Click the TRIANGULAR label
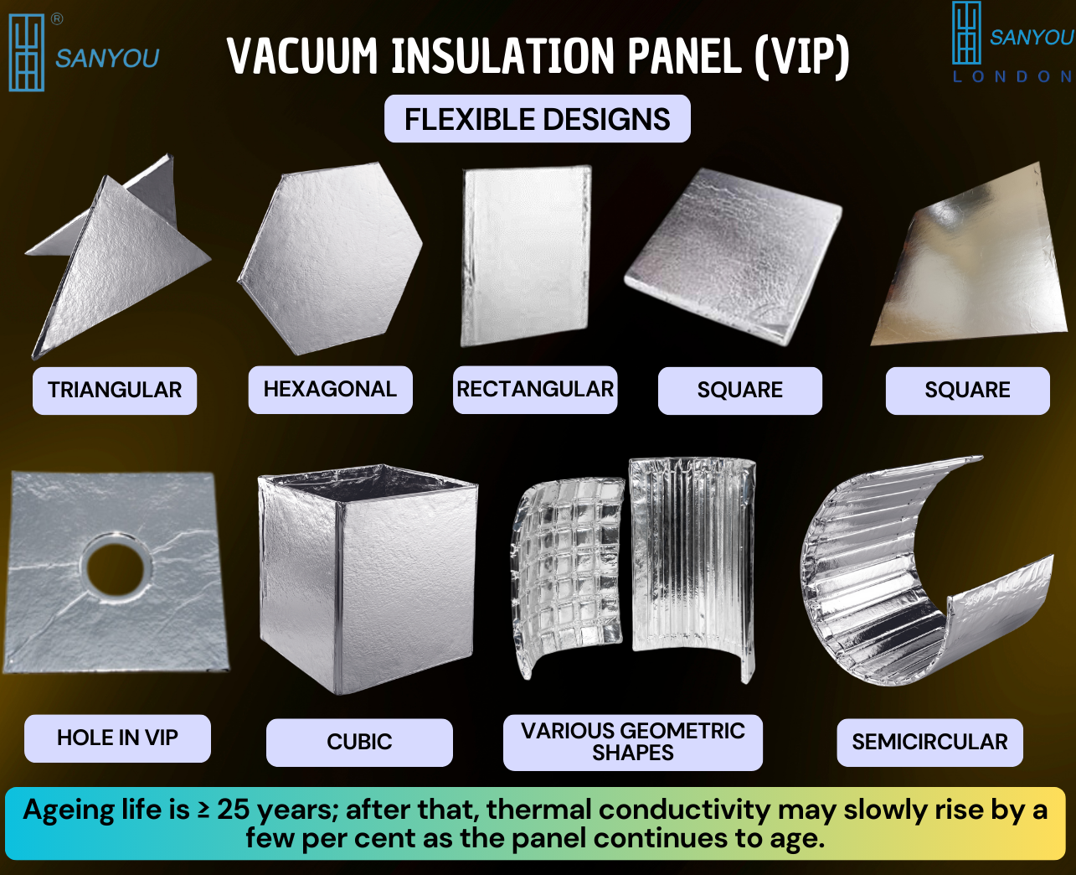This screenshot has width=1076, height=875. point(115,391)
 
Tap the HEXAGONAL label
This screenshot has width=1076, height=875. point(331,390)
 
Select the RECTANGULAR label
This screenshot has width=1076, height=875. point(535,390)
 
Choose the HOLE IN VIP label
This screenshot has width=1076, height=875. point(118,738)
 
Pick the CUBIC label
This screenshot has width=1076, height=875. point(359,742)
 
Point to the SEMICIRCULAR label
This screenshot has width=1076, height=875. point(930,742)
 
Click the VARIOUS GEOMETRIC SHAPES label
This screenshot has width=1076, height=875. point(633,742)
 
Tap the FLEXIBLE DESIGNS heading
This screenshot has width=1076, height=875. point(538,119)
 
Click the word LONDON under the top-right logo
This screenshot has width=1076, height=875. point(1013,77)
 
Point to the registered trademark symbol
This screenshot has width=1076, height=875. point(57,19)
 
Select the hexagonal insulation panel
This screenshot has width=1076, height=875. point(330,258)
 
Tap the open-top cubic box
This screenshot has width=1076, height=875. point(368,579)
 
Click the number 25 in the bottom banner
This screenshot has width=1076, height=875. point(234,810)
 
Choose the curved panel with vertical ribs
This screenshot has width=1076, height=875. point(693,566)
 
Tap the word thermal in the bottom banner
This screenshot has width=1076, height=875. point(538,810)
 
